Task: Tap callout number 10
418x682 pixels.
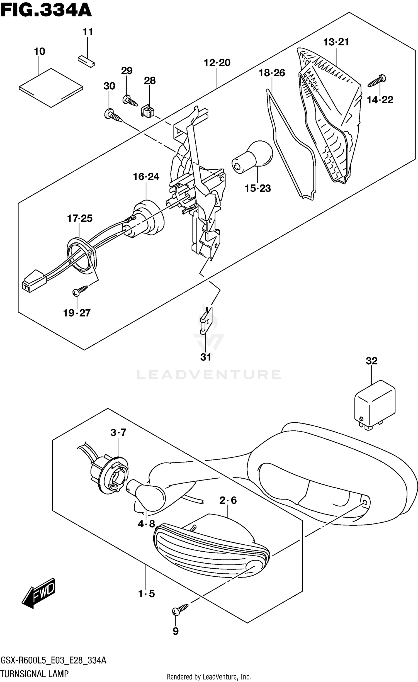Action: click(39, 52)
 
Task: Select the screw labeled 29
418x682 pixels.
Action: click(130, 101)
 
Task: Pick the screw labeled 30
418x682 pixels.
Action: click(113, 116)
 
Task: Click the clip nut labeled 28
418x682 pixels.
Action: click(147, 111)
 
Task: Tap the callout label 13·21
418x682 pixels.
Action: click(336, 42)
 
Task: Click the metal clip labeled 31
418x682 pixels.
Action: click(206, 320)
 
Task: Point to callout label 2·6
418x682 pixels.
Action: click(228, 501)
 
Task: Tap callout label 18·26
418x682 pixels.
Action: click(272, 73)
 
